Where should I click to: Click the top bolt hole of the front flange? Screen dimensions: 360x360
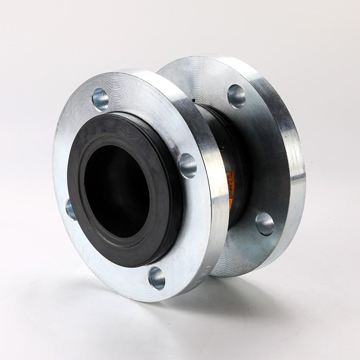tap(100, 99)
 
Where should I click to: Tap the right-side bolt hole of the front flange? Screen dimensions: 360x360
tap(187, 165)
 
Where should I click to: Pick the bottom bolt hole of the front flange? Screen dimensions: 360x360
tap(156, 278)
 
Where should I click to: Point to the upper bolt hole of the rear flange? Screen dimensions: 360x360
tap(236, 96)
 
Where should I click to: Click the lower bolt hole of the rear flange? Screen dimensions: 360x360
tap(265, 223)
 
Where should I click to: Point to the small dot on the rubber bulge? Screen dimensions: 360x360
tap(220, 148)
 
